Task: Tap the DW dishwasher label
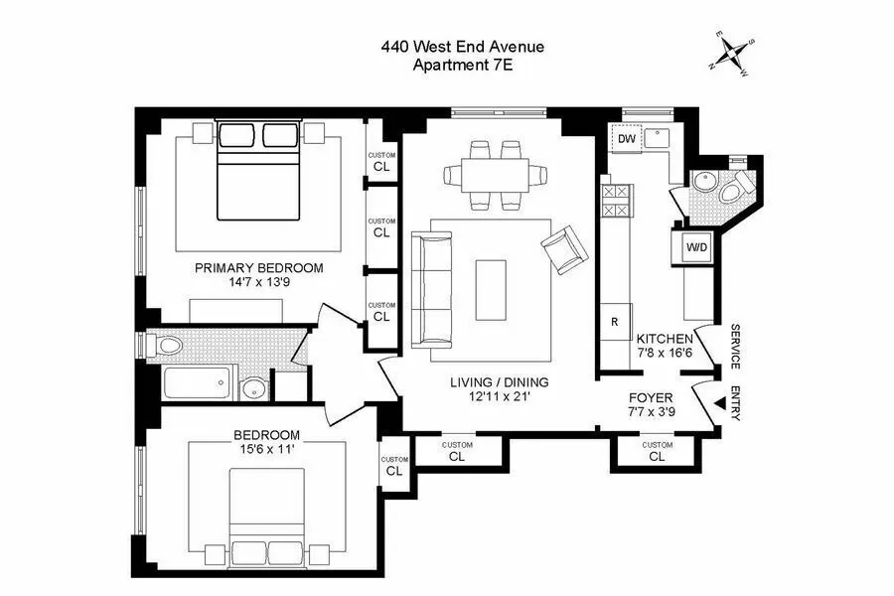coord(626,139)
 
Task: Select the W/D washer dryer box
coord(696,247)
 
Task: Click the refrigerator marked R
coord(614,321)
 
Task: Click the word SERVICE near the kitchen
coord(736,348)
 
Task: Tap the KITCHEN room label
coord(665,339)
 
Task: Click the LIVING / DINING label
coord(499,382)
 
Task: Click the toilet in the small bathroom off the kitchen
coord(739,186)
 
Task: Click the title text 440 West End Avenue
coord(463,46)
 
